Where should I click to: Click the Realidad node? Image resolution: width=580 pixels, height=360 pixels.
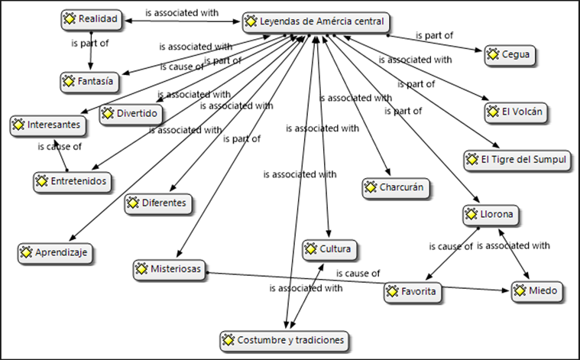[92, 19]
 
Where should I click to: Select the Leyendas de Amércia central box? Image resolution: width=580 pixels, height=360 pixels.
[316, 22]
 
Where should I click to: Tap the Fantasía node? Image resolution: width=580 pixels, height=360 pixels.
[89, 82]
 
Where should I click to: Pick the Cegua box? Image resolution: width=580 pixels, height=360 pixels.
[510, 55]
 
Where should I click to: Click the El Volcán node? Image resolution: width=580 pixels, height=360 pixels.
[516, 112]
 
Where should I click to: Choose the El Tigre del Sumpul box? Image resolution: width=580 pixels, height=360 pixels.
[517, 161]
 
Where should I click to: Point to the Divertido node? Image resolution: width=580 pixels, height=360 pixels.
[131, 114]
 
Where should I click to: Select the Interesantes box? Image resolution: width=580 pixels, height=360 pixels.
[47, 125]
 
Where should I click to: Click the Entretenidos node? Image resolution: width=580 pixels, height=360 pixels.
[72, 182]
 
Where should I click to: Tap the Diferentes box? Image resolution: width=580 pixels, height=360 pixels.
[158, 203]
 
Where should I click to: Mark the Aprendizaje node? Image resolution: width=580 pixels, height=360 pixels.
[55, 253]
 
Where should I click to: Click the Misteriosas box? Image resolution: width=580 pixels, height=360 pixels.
[169, 269]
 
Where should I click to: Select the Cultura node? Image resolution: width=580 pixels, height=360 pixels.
[329, 250]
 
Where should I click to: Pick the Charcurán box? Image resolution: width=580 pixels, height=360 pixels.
[395, 188]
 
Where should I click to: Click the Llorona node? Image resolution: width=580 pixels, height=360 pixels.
[491, 215]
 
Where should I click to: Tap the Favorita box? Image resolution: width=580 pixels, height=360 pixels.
[413, 292]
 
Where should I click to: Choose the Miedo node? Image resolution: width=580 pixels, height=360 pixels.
[537, 291]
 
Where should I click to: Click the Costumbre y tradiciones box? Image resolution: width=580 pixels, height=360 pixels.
[284, 341]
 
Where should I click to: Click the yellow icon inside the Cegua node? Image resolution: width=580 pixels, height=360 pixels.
[493, 55]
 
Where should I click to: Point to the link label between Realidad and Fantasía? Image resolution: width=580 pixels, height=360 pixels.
[90, 44]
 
